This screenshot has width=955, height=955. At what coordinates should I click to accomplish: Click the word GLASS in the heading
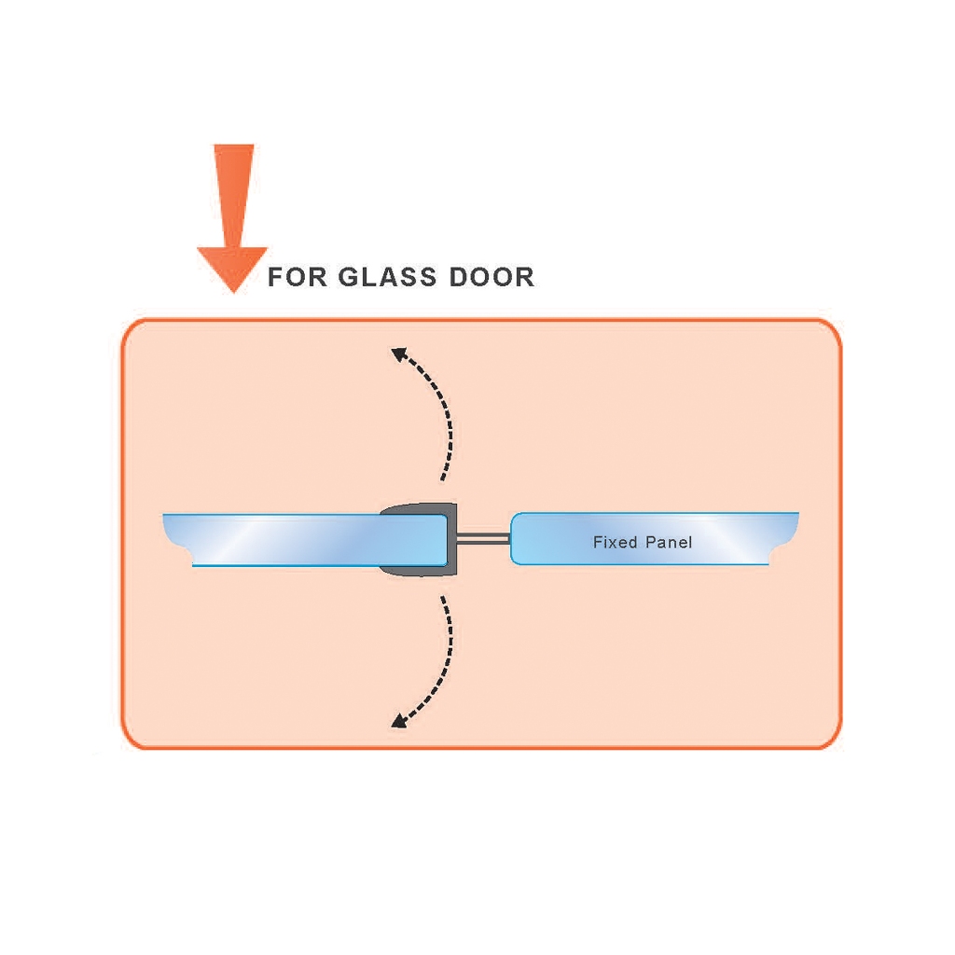tap(387, 276)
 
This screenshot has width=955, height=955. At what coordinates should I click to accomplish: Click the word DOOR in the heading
tap(491, 276)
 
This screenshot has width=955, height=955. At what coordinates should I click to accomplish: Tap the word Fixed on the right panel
tap(616, 542)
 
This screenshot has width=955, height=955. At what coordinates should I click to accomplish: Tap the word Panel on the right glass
tap(668, 542)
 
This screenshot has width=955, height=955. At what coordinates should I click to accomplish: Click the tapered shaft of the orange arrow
tap(234, 196)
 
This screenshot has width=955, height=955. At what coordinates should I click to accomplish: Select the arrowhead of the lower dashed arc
tap(398, 721)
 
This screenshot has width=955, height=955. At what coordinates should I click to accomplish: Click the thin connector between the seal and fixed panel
tap(484, 538)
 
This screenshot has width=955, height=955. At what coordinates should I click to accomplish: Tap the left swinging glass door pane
tap(305, 540)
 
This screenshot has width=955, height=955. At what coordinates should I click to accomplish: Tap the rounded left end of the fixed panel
tap(515, 538)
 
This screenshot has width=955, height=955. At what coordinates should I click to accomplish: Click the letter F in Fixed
tap(598, 542)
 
